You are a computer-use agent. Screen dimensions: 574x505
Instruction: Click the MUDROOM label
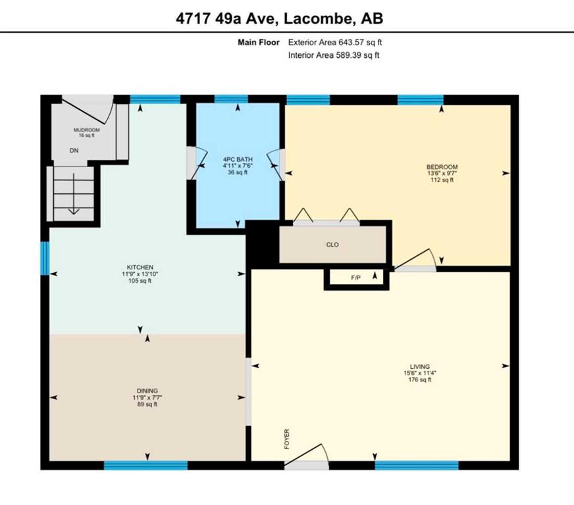[x=87, y=130]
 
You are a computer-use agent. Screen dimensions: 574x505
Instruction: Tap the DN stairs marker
[x=74, y=151]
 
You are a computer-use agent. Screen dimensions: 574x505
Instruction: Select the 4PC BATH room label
[x=238, y=159]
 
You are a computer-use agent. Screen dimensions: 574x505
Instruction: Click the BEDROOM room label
[x=442, y=167]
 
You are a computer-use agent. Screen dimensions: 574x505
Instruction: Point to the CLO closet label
[x=332, y=245]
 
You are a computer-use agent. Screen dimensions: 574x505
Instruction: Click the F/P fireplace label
[x=356, y=278]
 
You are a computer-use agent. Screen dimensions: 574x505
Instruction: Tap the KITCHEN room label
[x=140, y=268]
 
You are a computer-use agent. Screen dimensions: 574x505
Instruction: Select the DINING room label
[x=147, y=391]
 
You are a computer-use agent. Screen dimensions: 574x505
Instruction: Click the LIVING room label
[x=419, y=366]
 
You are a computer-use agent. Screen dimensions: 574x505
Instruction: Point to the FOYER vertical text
[x=286, y=439]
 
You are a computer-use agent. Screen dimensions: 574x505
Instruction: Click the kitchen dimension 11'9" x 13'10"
[x=140, y=274]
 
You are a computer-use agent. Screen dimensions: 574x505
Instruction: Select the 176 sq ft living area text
[x=420, y=379]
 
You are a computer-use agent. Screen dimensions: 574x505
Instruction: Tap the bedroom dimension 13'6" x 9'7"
[x=442, y=174]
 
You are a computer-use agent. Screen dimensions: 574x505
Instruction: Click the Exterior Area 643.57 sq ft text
[x=335, y=42]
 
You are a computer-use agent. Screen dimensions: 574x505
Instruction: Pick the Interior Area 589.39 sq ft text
[x=334, y=55]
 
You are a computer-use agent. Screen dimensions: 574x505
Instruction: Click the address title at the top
[x=279, y=18]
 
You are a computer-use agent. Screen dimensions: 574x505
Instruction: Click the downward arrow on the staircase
[x=74, y=193]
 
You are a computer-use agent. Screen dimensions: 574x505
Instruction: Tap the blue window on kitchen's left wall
[x=45, y=258]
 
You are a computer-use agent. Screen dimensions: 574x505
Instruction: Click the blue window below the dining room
[x=145, y=465]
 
